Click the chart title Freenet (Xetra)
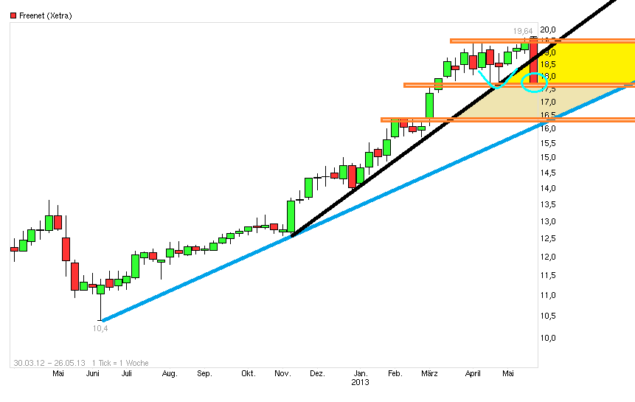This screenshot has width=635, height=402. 46,15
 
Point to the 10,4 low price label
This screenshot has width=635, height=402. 100,328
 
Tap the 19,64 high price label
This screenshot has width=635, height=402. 523,31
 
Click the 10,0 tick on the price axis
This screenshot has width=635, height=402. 549,338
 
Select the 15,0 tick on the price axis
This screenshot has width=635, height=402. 549,157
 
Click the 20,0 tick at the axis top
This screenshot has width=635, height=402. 549,30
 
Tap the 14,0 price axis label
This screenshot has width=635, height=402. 549,188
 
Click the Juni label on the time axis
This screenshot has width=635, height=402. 93,374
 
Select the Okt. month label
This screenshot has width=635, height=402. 248,374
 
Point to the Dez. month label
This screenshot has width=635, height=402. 319,374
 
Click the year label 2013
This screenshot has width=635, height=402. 360,383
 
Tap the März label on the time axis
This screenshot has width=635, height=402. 430,374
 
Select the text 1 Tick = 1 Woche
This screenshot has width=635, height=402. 120,363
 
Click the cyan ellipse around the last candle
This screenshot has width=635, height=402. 533,82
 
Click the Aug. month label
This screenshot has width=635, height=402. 170,374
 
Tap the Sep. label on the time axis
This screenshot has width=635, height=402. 204,374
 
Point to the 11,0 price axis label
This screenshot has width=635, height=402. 549,295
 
